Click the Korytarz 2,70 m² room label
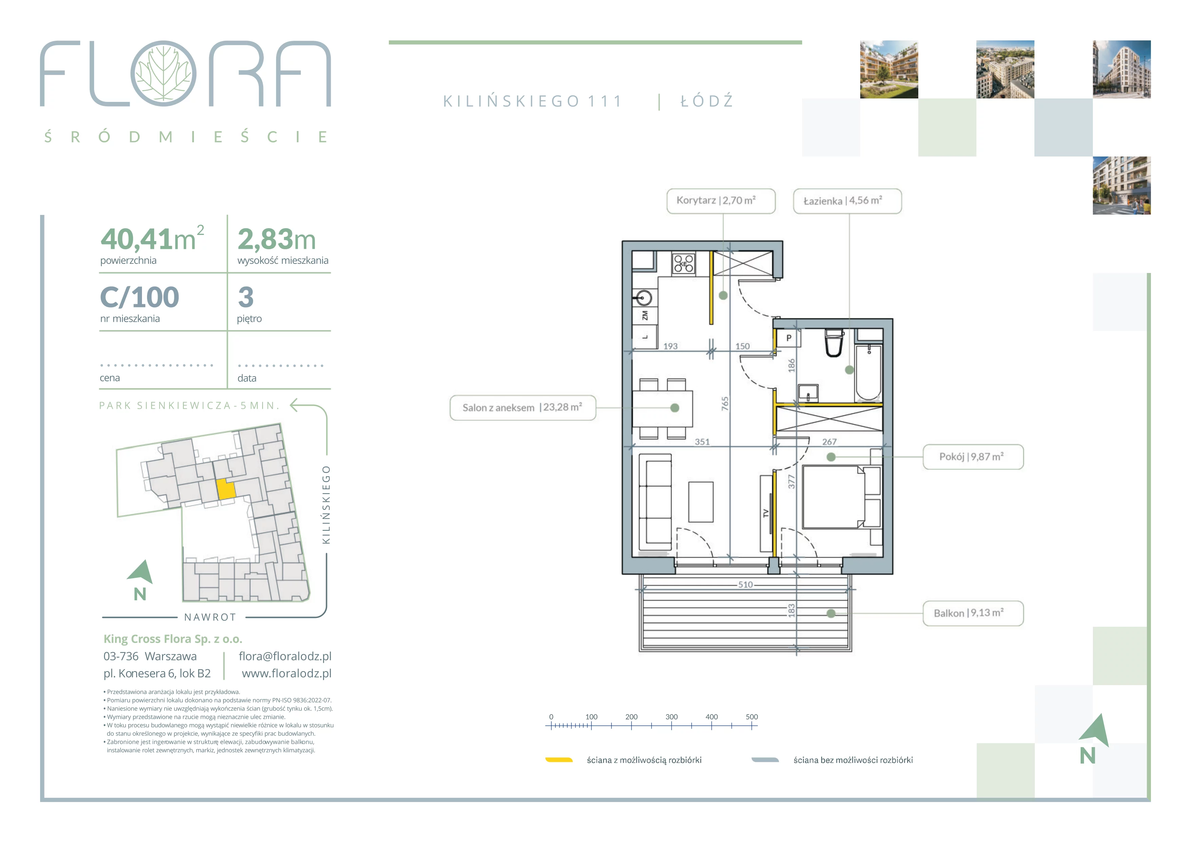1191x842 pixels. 721,201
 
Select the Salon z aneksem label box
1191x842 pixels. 522,407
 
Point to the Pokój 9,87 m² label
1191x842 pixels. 973,457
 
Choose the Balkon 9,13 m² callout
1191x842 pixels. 973,614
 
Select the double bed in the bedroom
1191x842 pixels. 834,497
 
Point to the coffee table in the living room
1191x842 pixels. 701,502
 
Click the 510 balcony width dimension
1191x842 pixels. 745,585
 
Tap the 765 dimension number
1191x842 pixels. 725,404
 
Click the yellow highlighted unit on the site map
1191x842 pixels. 225,489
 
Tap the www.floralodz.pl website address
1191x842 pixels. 286,674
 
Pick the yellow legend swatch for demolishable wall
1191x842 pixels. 559,760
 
